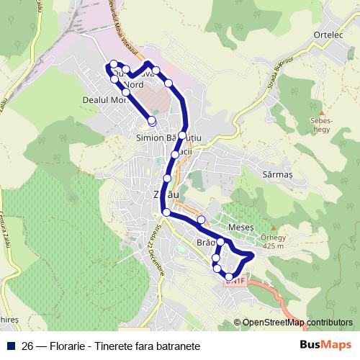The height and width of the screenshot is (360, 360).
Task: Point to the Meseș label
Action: coord(240,227)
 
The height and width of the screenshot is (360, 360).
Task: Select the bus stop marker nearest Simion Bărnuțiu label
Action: coord(184,135)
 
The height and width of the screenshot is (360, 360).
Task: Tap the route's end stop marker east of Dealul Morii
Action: coord(151,120)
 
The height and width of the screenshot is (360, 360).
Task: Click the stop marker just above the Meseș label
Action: coord(201,219)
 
